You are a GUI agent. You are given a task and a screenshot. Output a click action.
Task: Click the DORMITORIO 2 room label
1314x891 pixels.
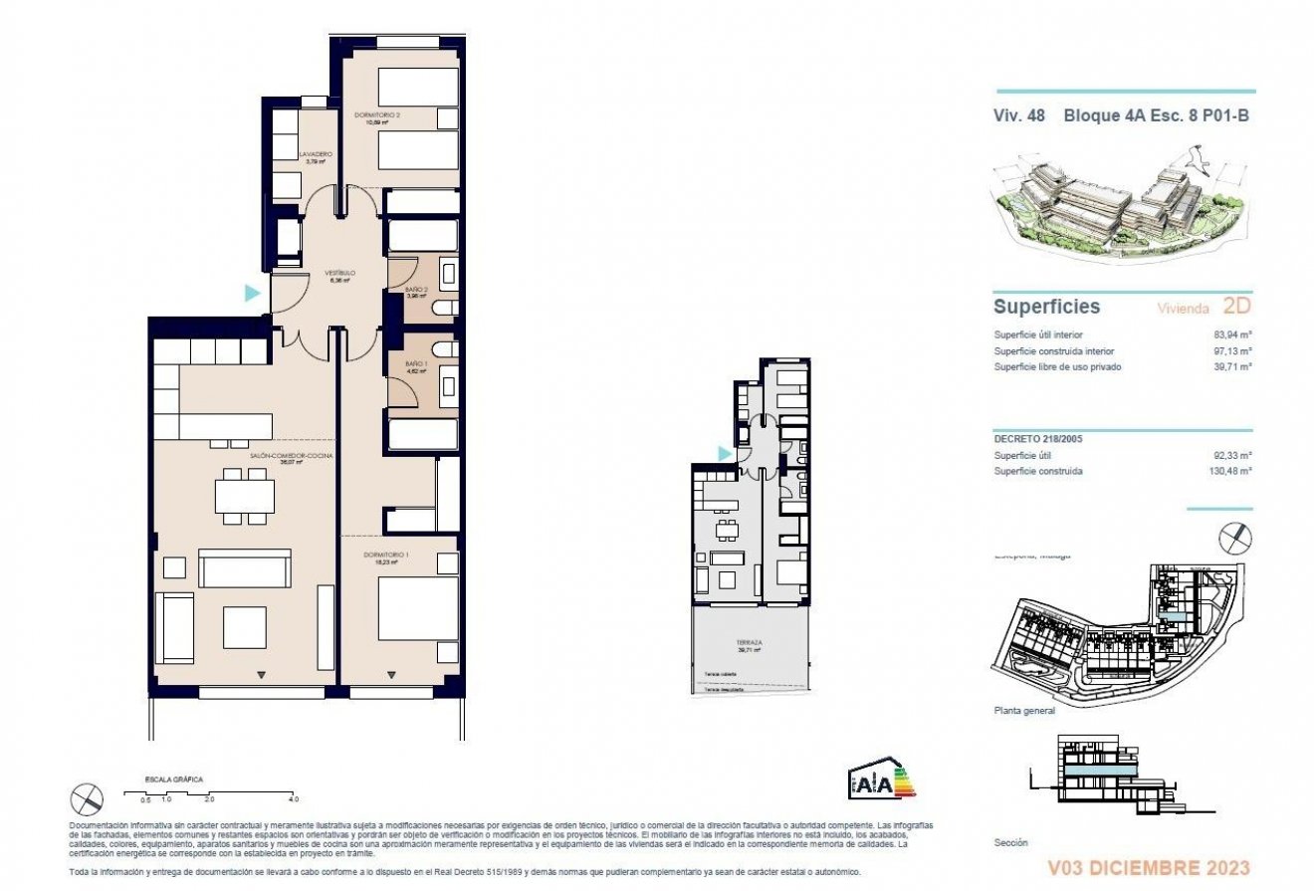pos(376,115)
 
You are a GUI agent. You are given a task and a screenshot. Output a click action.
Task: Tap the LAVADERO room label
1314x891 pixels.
pos(315,154)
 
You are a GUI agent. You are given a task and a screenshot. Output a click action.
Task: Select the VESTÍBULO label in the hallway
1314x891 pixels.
pos(339,272)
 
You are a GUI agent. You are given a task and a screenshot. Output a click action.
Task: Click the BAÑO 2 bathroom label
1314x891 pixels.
pos(416,290)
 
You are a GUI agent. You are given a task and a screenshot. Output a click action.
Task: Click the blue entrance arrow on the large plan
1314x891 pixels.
pos(253,293)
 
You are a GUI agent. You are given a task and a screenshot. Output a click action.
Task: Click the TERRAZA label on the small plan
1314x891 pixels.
pos(750,643)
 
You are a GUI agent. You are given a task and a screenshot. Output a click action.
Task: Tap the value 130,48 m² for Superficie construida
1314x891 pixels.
pos(1228,472)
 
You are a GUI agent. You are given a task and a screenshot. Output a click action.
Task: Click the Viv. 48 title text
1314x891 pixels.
pos(1018,115)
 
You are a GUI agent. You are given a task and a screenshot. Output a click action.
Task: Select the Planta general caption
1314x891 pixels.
pos(1024,711)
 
